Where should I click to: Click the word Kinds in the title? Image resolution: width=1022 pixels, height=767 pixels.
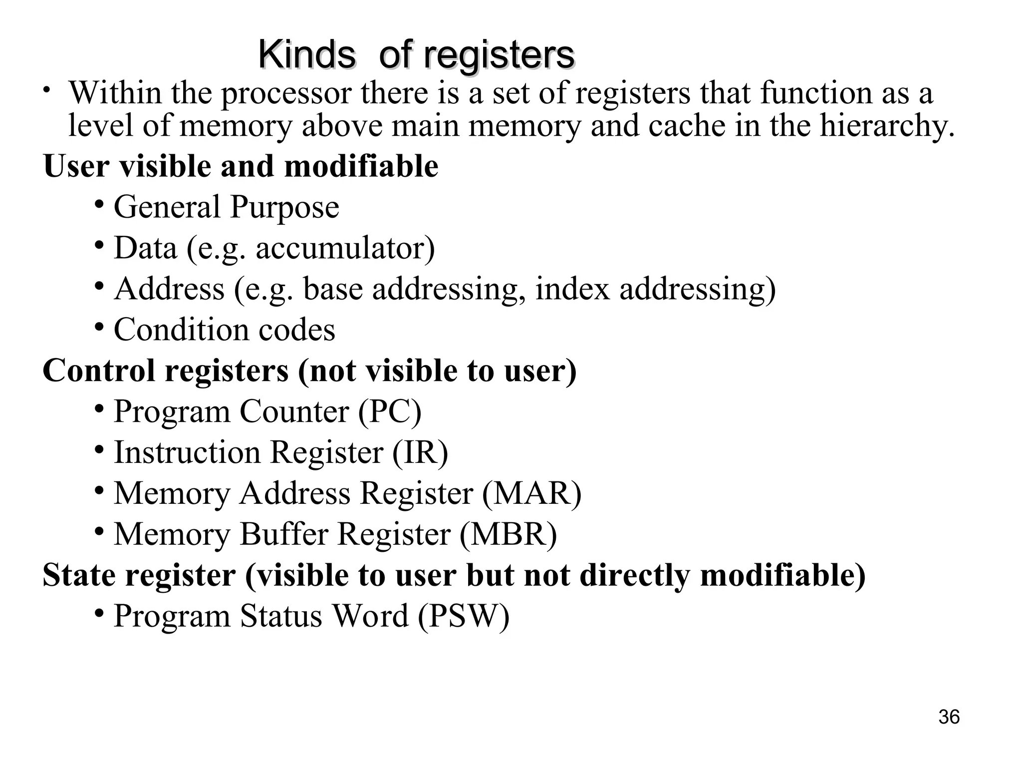(307, 55)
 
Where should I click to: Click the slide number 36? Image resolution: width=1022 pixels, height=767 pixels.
(949, 717)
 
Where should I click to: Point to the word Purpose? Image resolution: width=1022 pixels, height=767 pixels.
(284, 208)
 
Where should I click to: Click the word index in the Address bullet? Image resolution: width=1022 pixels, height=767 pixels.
(572, 289)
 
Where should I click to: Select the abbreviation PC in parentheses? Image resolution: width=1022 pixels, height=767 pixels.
(390, 412)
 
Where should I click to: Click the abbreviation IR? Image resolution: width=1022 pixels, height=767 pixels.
(420, 453)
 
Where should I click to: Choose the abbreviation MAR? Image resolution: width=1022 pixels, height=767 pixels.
(531, 493)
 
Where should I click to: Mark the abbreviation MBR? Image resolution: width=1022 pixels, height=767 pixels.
(508, 534)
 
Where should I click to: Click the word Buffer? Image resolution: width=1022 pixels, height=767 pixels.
(284, 534)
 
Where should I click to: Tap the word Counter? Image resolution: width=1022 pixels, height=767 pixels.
(294, 412)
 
